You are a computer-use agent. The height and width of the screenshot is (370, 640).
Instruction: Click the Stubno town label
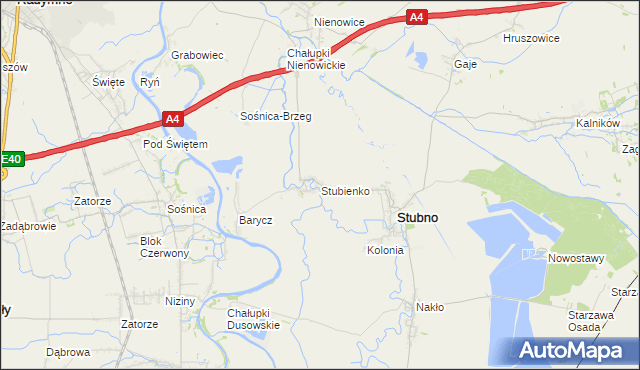pos(417,217)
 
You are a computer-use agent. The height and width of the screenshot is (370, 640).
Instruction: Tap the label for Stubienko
pos(346,190)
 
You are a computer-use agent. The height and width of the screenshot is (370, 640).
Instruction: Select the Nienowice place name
pos(339,21)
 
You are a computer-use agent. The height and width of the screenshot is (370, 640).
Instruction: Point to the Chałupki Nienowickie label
pos(316,59)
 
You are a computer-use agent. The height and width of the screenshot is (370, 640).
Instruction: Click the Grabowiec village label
pos(196,56)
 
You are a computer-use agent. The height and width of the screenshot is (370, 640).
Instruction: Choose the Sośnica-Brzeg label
pos(276,117)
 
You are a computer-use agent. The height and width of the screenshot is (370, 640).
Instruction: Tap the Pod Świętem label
pos(175,145)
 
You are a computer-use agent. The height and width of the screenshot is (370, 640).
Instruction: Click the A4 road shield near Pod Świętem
pos(173,120)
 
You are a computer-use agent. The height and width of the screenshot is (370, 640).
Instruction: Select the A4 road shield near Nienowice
pos(417,16)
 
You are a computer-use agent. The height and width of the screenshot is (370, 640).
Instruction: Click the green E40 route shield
pos(11,159)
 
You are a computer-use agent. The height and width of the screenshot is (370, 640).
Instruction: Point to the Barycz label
pos(255,220)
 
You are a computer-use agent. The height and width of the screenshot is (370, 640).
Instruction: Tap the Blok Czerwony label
pos(165,247)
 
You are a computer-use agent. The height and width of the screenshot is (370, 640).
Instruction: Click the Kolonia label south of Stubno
pos(385,250)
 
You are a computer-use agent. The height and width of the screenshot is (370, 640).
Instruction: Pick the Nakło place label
pos(430,307)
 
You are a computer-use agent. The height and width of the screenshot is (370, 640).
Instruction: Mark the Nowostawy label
pos(576,258)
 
